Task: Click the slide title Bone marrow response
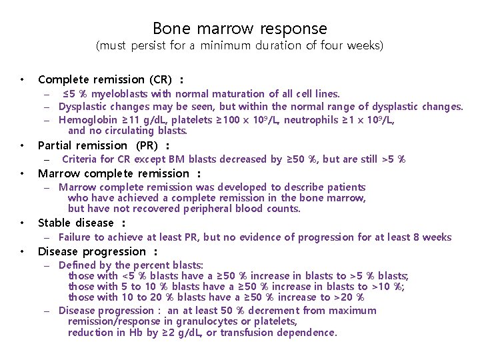[x=240, y=29]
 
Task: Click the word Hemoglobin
[x=85, y=119]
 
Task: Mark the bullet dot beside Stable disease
[x=23, y=223]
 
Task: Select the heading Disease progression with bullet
[x=93, y=251]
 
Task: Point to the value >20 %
[x=349, y=297]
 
